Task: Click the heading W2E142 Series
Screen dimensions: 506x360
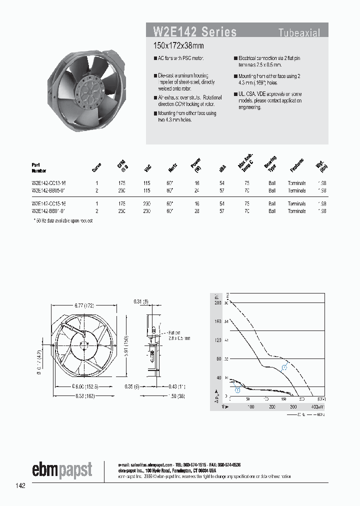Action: point(194,32)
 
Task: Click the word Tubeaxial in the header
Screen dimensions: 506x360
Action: point(299,33)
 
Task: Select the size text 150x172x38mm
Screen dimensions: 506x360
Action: point(178,45)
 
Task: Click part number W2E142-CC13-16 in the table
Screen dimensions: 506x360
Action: point(49,183)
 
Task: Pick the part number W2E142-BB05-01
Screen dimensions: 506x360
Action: point(49,190)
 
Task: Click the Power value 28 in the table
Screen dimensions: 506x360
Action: point(197,211)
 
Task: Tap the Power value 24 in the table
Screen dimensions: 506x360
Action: point(197,190)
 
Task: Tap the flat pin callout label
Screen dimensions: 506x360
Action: point(179,334)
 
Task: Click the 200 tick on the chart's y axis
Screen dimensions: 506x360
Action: point(217,303)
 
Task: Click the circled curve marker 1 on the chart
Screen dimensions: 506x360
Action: point(237,389)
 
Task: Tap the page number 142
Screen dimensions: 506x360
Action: point(20,485)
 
